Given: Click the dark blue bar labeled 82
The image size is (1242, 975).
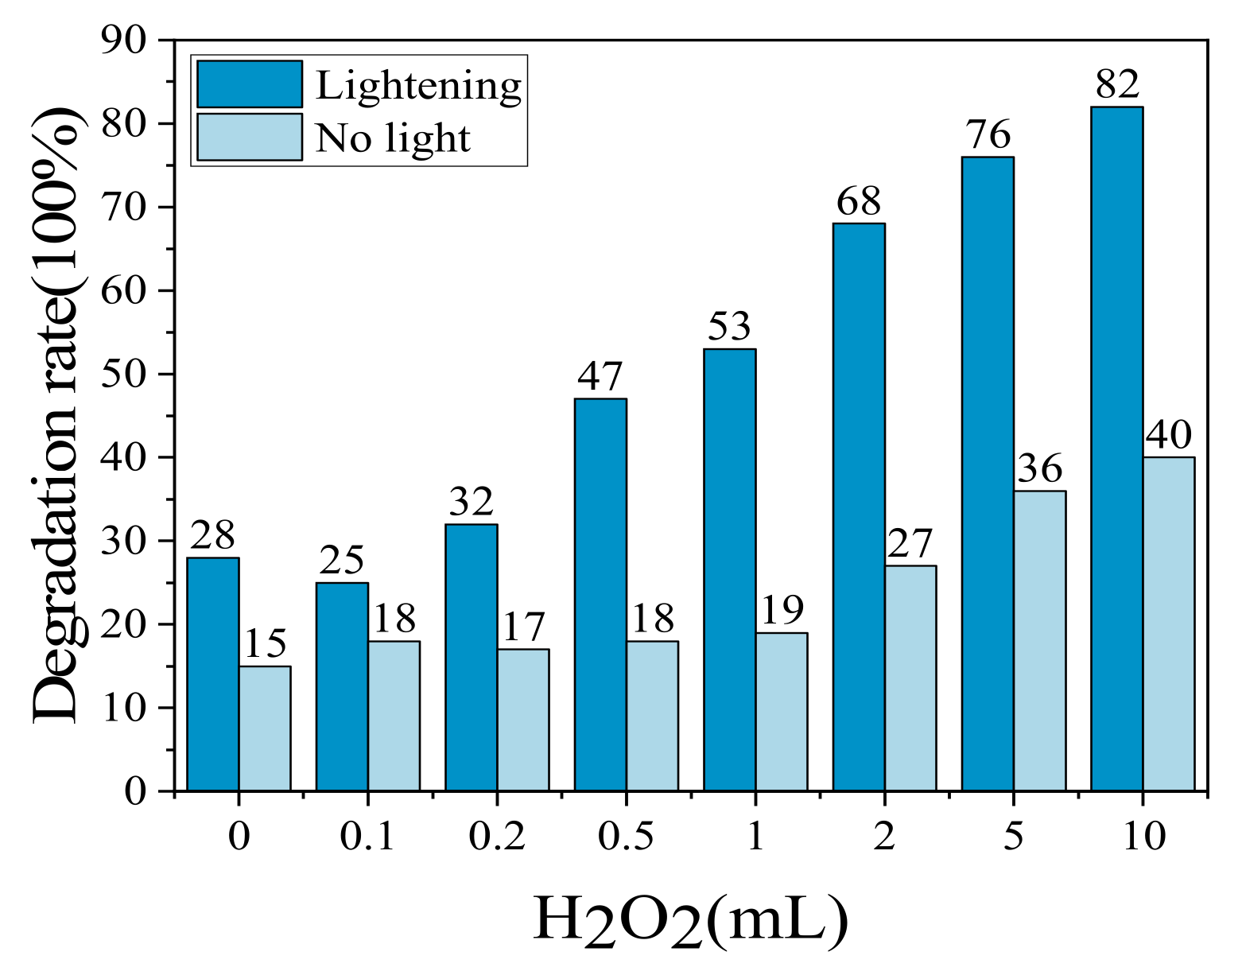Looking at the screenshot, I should pos(1116,449).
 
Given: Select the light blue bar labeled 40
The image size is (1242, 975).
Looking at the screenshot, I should pos(1168,623).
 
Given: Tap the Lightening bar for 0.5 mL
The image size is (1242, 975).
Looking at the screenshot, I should pos(600,594).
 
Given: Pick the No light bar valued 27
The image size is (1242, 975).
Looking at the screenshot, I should pos(910,678).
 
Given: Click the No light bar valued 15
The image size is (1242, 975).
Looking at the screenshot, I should pos(265,728).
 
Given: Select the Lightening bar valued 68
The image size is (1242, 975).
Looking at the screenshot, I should pos(859,507).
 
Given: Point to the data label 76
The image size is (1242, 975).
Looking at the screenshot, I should pos(988,135).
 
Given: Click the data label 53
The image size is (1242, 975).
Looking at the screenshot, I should pos(729,327).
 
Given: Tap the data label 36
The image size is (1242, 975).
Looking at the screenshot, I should pos(1040,469).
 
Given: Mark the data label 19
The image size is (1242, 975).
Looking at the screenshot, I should pos(782,611).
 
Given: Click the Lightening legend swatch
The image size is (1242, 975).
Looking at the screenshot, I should pos(250,84).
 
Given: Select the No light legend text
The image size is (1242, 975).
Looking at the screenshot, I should pos(393,138).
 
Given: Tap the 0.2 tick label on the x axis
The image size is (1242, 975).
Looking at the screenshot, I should pos(496,837).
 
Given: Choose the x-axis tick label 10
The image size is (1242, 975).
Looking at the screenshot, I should pos(1143,837).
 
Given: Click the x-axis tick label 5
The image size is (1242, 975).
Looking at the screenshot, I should pos(1013,837).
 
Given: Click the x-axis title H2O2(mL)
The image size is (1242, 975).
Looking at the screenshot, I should pos(690,921).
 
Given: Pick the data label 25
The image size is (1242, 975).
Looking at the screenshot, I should pos(342,561).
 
